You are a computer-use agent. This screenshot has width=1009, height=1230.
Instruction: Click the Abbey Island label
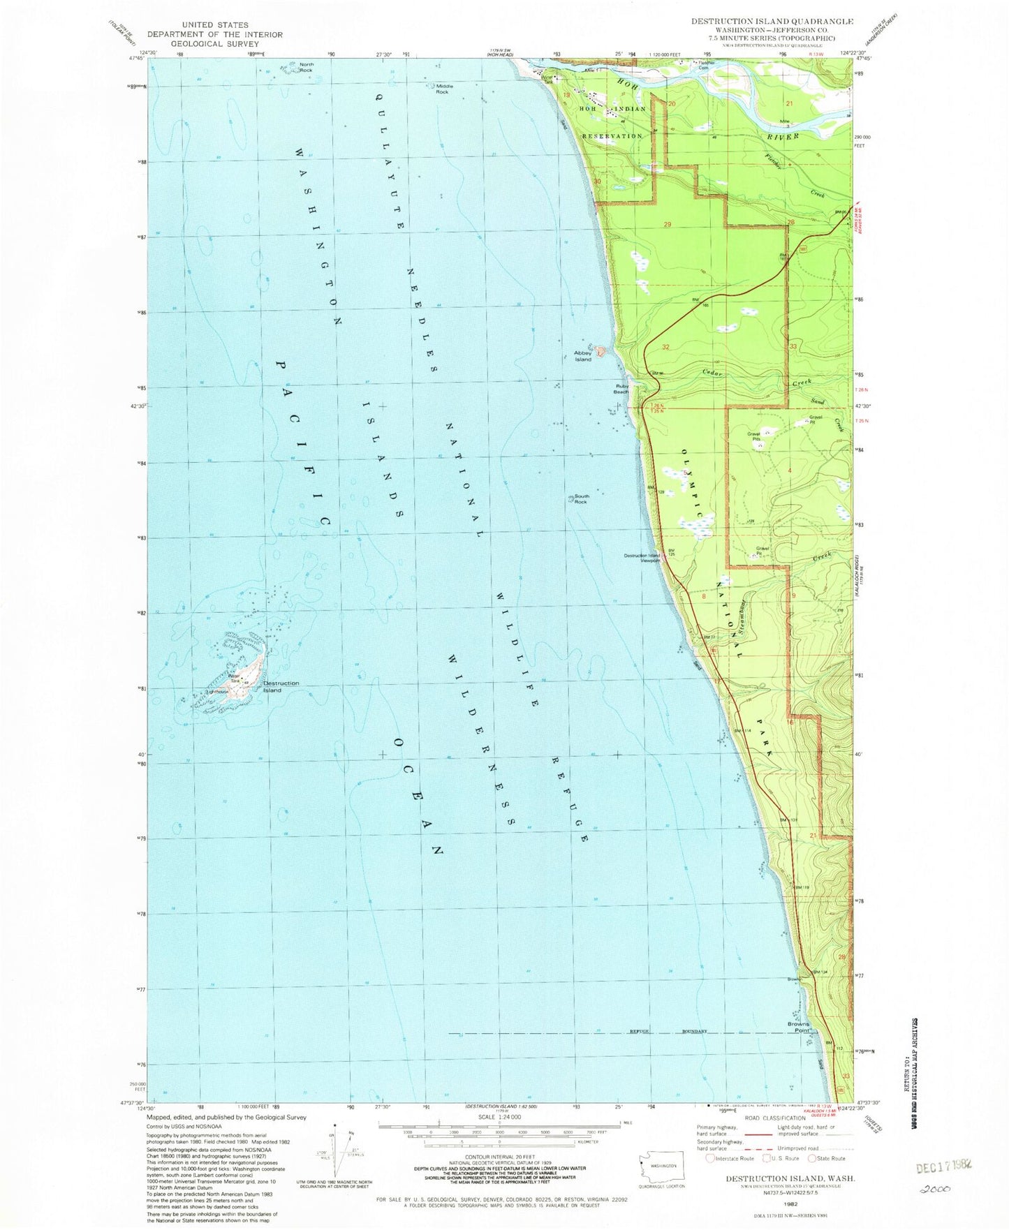click(582, 356)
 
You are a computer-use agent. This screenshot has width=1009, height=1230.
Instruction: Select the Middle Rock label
click(444, 89)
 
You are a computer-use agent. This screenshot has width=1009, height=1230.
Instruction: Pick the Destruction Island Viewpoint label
click(642, 558)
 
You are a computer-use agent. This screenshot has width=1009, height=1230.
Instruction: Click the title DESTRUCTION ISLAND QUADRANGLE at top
click(772, 22)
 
